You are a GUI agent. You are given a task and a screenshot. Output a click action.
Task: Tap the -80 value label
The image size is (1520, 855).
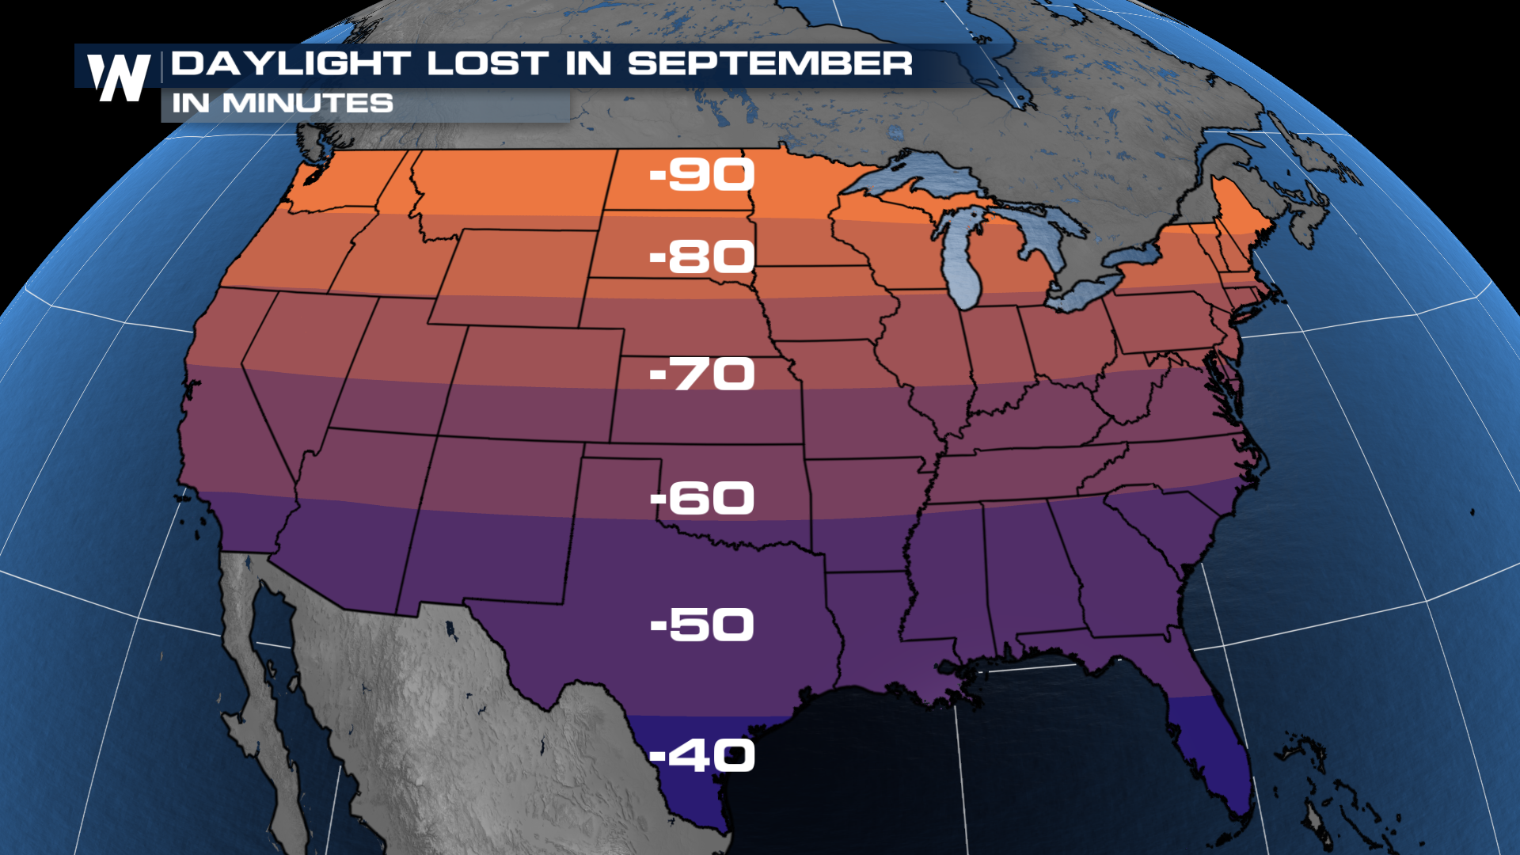702,256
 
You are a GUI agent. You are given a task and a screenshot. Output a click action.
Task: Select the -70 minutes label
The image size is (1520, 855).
702,374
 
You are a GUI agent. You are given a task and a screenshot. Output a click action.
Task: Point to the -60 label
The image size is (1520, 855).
702,498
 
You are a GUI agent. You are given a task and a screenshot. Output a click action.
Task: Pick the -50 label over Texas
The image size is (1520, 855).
702,625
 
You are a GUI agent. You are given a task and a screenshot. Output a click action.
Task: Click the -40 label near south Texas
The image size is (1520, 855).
702,754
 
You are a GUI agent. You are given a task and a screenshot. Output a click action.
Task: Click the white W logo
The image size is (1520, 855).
119,78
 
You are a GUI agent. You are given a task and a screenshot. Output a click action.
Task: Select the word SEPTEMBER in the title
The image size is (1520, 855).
769,63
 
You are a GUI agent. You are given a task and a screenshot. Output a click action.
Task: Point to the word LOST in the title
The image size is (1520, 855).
488,63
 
